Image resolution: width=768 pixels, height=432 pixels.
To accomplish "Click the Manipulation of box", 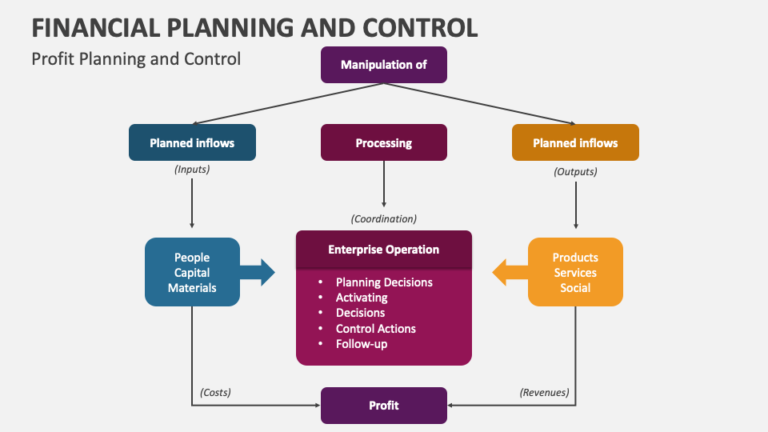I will tap(384, 65).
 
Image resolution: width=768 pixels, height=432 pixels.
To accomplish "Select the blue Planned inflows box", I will tap(192, 143).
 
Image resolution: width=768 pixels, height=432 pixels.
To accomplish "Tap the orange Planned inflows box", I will tap(575, 143).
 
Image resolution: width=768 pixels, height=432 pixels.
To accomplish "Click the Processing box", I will tap(384, 143).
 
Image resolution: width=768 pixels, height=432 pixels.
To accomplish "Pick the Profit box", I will tap(384, 406).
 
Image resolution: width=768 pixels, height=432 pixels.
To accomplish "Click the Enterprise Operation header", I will tap(384, 250).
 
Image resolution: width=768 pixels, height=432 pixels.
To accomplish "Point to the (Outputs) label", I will tap(575, 171).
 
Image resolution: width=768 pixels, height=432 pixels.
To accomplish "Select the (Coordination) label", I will tap(384, 218).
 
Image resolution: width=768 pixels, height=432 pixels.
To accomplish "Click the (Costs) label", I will tap(215, 392).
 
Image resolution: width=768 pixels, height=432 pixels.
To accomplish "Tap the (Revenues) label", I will tap(545, 392).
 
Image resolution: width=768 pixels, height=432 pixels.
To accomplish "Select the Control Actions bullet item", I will tap(376, 328).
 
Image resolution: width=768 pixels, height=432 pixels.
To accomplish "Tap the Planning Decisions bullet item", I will tap(384, 282).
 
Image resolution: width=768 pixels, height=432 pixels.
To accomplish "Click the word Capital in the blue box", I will tap(192, 273).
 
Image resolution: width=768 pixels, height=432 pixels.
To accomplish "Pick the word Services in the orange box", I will tap(575, 273).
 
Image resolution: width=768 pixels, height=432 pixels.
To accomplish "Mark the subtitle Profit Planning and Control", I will tap(136, 59).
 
